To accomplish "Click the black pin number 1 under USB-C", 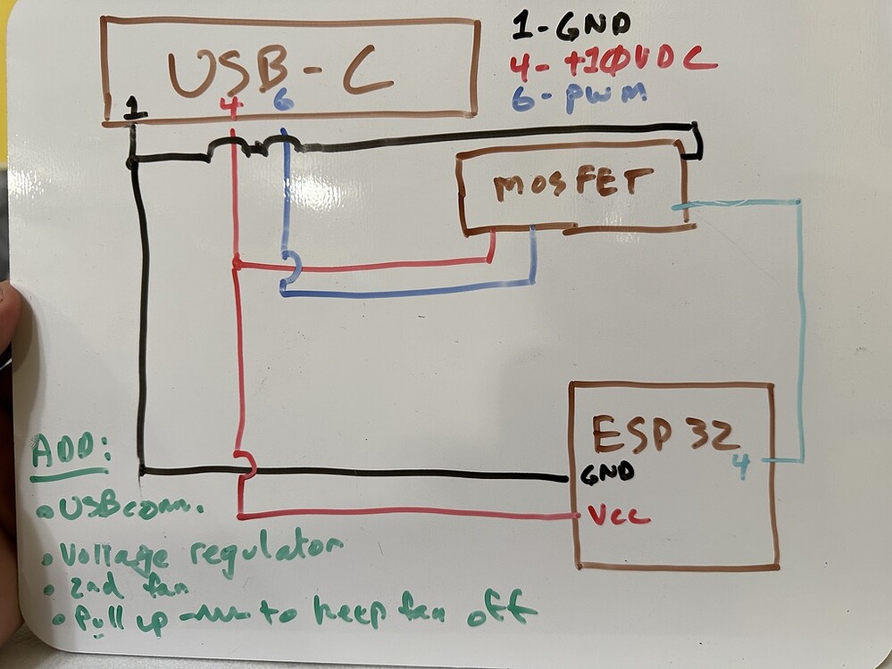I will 135,108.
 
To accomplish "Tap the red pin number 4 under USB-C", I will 231,107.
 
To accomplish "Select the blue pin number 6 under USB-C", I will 283,101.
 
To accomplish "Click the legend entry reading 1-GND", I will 571,25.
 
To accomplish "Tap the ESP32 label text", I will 665,434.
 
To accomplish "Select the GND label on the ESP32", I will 607,473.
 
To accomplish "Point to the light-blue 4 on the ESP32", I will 740,466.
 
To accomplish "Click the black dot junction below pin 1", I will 132,162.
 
